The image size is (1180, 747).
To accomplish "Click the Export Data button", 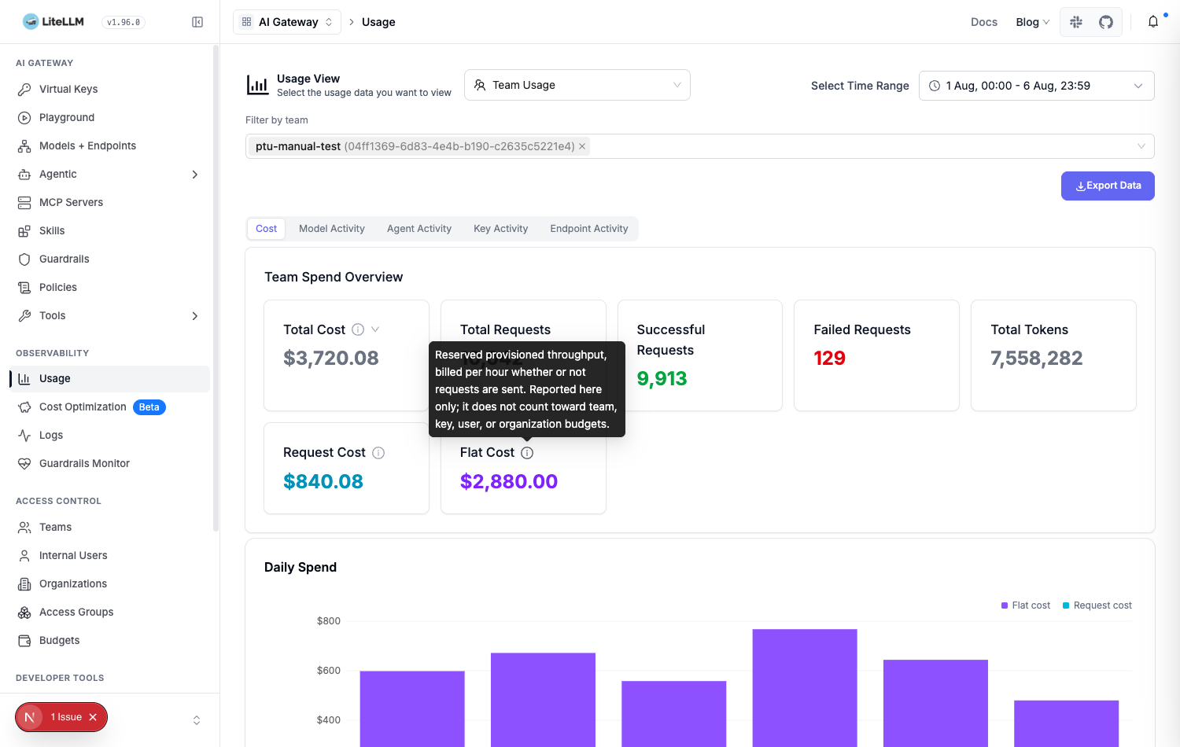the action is (x=1108, y=186).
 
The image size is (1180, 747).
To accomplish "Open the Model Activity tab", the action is (x=331, y=229).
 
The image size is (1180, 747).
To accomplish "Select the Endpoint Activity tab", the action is (x=589, y=229).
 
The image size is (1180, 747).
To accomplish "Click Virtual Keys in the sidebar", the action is (x=68, y=89).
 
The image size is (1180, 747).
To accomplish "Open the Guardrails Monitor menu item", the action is (x=84, y=463).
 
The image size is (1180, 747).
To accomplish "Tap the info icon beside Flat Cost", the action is (x=527, y=453).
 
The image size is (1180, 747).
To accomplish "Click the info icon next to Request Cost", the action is (x=378, y=453).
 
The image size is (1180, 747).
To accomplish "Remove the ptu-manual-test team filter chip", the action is (x=582, y=146).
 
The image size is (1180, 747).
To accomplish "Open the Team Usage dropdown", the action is (x=577, y=85).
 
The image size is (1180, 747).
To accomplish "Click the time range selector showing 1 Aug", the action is (x=1036, y=86).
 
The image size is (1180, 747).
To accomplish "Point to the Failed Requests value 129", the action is (x=829, y=358).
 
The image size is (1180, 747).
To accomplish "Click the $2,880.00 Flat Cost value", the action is (x=508, y=481).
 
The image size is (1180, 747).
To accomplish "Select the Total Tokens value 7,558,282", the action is (x=1036, y=358).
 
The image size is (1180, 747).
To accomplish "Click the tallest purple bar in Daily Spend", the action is (x=805, y=687).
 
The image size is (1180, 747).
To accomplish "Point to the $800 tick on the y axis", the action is (x=328, y=620).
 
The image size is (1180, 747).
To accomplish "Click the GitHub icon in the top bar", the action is (x=1106, y=22).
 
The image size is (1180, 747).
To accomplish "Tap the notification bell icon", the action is (x=1153, y=22).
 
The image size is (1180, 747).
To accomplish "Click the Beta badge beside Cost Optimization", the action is (x=149, y=407).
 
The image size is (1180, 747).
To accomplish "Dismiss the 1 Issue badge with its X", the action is (x=93, y=717).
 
